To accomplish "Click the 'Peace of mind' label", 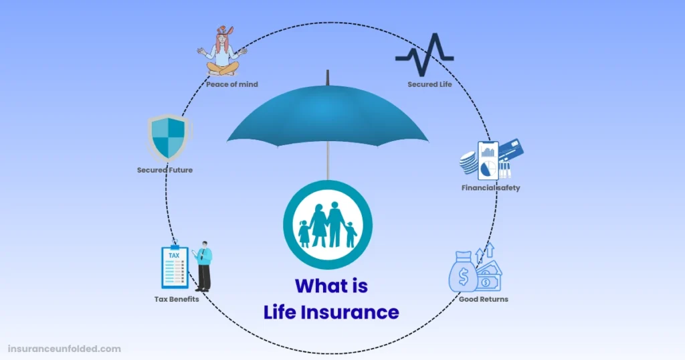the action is point(232,84).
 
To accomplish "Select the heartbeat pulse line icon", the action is point(425,55).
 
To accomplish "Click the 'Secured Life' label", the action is point(430,84).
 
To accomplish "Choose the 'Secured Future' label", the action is point(165,170).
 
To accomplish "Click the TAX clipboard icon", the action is point(175,266).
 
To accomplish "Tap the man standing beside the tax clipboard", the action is point(203,266).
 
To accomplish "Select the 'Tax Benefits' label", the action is point(177,299).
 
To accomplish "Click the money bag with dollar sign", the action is point(463,272).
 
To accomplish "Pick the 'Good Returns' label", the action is point(484,299).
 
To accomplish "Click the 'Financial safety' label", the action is point(490,188).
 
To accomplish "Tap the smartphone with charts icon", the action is point(488,161).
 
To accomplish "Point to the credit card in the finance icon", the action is point(511,151).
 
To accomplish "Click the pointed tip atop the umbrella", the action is point(328,71).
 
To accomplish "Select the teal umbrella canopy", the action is point(328,115).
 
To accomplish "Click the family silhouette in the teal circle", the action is point(328,225).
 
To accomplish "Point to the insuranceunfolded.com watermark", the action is point(64,349).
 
